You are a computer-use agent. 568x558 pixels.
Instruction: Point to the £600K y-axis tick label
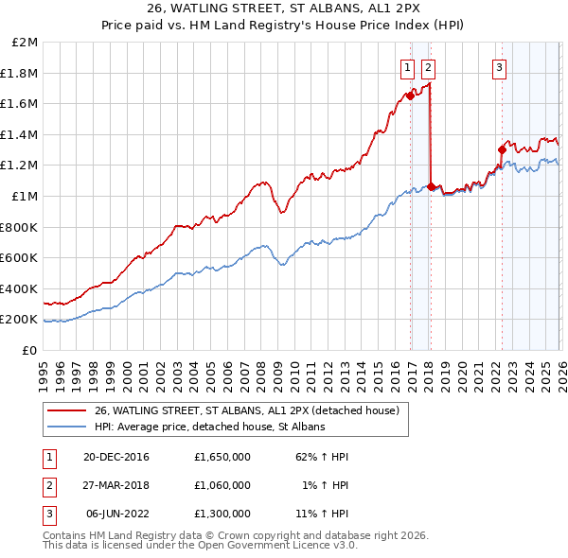click(20, 257)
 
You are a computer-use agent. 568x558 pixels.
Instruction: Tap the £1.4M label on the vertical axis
click(20, 134)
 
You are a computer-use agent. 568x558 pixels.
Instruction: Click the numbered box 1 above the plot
click(407, 67)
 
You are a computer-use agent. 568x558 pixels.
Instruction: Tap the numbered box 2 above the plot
click(428, 67)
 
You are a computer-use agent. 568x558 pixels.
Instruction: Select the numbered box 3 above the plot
click(499, 67)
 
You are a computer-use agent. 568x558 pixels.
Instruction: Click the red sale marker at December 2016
click(410, 96)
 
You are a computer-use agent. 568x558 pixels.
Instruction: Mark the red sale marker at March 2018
click(432, 186)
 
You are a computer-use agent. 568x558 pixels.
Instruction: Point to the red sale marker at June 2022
click(502, 149)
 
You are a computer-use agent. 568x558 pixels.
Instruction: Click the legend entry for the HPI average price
click(209, 427)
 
